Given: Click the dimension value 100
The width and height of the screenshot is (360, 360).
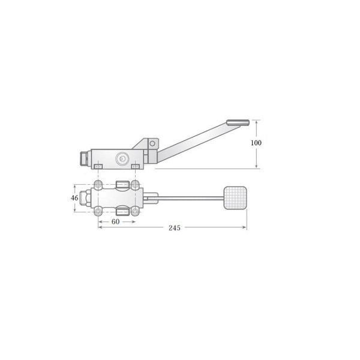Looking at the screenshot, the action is pyautogui.click(x=256, y=143).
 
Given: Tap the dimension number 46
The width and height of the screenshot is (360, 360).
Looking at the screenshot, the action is pyautogui.click(x=74, y=197).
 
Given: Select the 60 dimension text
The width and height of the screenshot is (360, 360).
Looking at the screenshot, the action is pyautogui.click(x=115, y=221).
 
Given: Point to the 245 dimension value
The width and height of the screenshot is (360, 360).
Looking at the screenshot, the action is pyautogui.click(x=175, y=228).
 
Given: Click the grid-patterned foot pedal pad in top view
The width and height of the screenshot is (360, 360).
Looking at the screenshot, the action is pyautogui.click(x=235, y=198).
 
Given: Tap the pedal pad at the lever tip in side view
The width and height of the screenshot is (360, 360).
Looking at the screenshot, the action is pyautogui.click(x=238, y=122).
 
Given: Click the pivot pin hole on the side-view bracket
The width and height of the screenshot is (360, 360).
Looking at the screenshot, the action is pyautogui.click(x=152, y=144).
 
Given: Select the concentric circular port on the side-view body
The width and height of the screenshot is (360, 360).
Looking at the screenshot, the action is pyautogui.click(x=122, y=158).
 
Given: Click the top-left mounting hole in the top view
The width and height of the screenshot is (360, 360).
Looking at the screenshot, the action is pyautogui.click(x=98, y=184).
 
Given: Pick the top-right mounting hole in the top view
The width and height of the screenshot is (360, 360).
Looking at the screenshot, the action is pyautogui.click(x=135, y=184).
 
